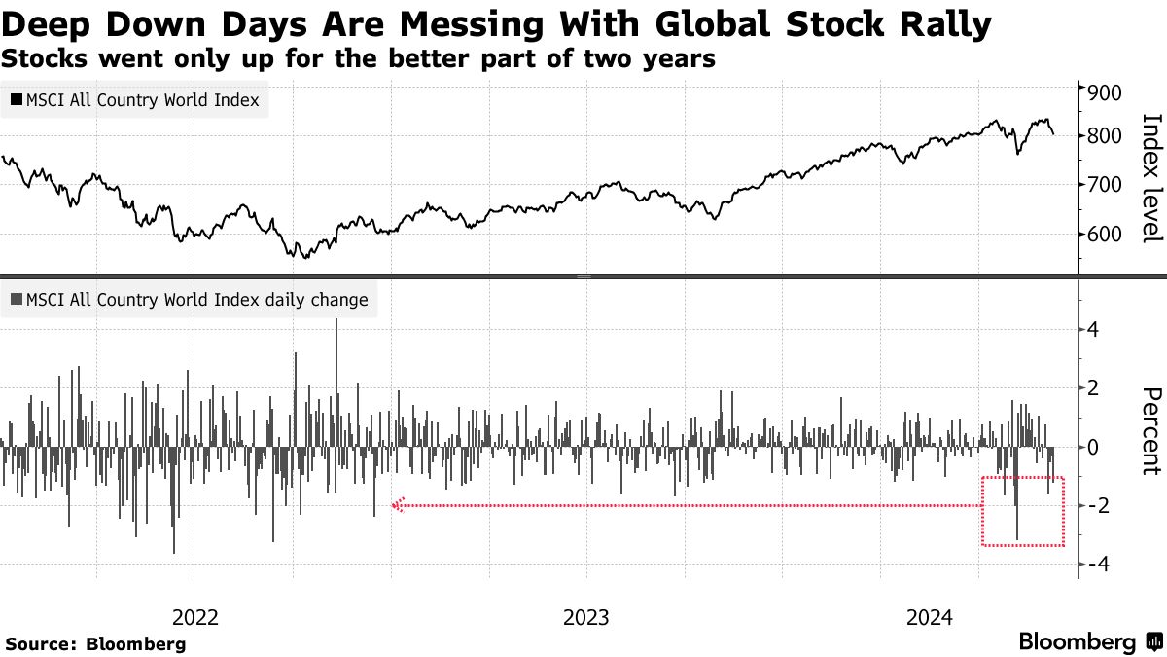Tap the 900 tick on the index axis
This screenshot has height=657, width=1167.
[1105, 93]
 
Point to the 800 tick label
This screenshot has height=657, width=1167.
[1105, 136]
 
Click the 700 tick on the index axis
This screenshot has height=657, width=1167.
[1105, 185]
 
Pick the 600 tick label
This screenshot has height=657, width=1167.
[1105, 235]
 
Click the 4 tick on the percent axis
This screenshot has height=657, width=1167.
[1094, 330]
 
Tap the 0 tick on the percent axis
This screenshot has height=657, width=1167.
[1094, 448]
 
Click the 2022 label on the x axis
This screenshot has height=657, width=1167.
[195, 617]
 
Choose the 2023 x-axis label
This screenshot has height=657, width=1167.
[585, 617]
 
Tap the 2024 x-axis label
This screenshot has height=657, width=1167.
[929, 617]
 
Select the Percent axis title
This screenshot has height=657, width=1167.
[1150, 430]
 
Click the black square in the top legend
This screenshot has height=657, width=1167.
[17, 100]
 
